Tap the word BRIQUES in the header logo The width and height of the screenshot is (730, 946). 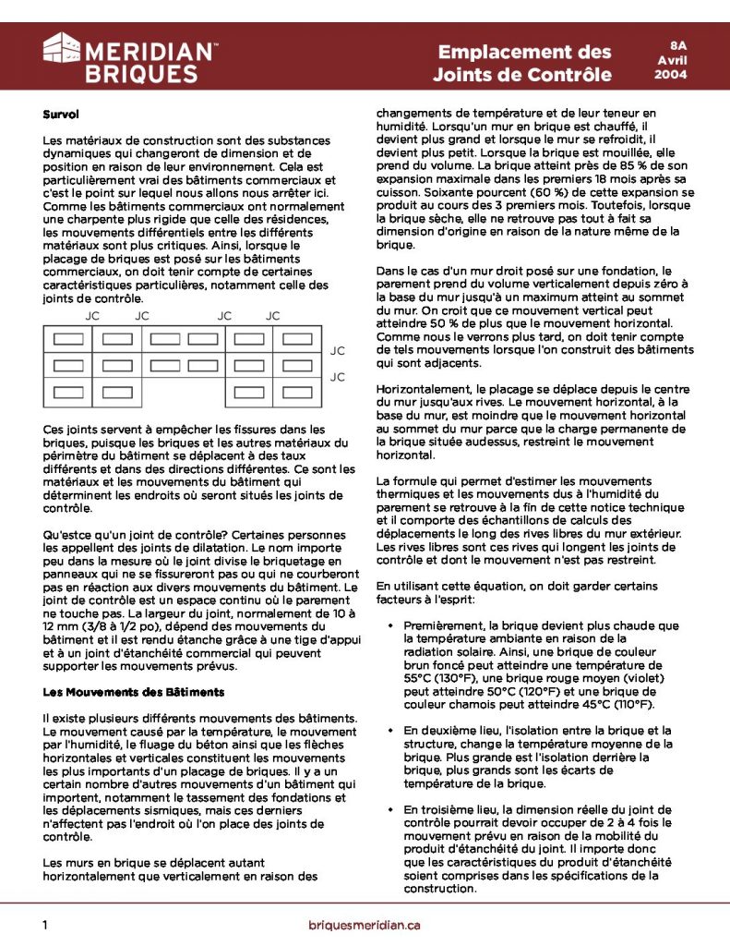coord(140,74)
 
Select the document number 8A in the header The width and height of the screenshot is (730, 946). coord(678,44)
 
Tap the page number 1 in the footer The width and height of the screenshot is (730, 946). coord(45,924)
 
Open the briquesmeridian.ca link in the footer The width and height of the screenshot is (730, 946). coord(365,924)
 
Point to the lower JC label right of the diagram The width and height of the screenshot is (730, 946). coord(338,377)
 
